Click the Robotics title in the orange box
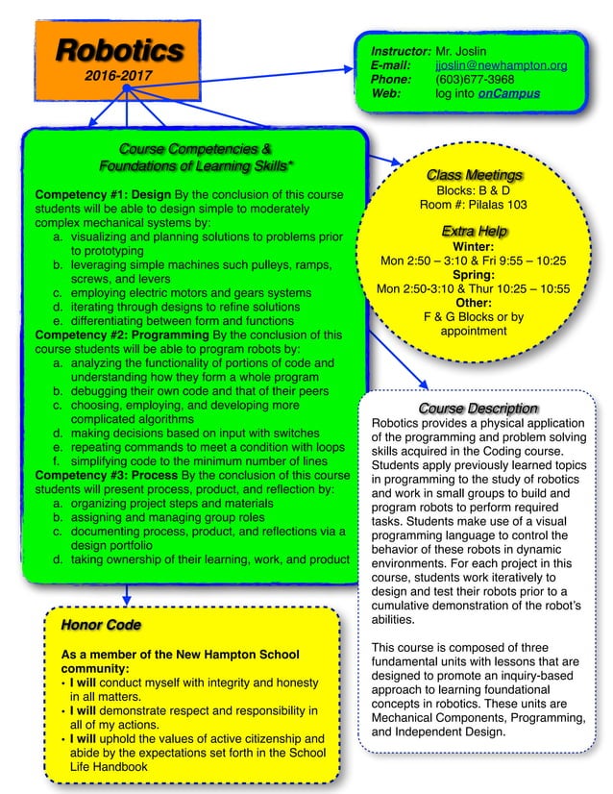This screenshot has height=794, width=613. pyautogui.click(x=118, y=50)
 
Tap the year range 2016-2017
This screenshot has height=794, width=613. pyautogui.click(x=117, y=74)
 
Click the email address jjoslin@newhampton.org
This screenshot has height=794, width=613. pyautogui.click(x=501, y=64)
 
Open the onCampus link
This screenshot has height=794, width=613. pyautogui.click(x=508, y=93)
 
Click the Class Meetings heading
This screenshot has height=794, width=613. pyautogui.click(x=475, y=175)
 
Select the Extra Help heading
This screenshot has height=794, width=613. pyautogui.click(x=474, y=231)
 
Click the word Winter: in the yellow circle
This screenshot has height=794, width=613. pyautogui.click(x=473, y=246)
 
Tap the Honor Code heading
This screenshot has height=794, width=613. pyautogui.click(x=101, y=625)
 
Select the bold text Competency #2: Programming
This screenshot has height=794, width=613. pyautogui.click(x=119, y=335)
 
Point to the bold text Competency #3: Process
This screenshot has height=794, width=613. pyautogui.click(x=105, y=475)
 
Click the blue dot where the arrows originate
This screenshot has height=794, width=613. pyautogui.click(x=127, y=87)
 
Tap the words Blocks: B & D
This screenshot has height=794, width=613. pyautogui.click(x=474, y=190)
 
